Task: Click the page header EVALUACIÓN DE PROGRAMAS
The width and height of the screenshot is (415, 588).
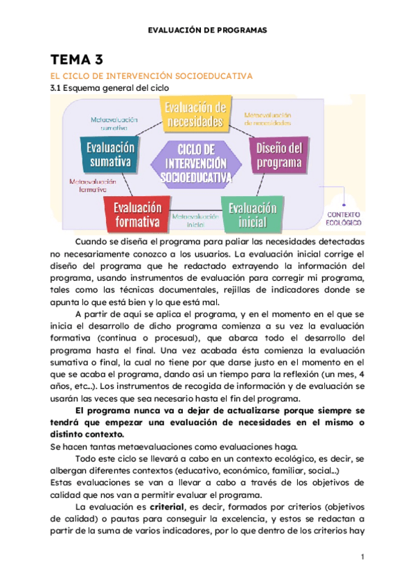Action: click(x=207, y=31)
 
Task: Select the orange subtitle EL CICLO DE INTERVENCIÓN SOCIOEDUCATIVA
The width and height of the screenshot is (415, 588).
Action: click(x=151, y=76)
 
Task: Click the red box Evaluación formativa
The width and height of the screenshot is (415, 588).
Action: click(x=138, y=215)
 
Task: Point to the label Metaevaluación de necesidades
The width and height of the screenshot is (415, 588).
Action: click(x=267, y=119)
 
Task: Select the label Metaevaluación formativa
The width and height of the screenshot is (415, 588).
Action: click(x=88, y=184)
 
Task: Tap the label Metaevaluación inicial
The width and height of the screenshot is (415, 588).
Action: click(x=195, y=220)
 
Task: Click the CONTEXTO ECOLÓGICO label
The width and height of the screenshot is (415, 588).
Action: click(x=344, y=218)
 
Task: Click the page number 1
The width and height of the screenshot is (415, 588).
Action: click(x=362, y=557)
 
